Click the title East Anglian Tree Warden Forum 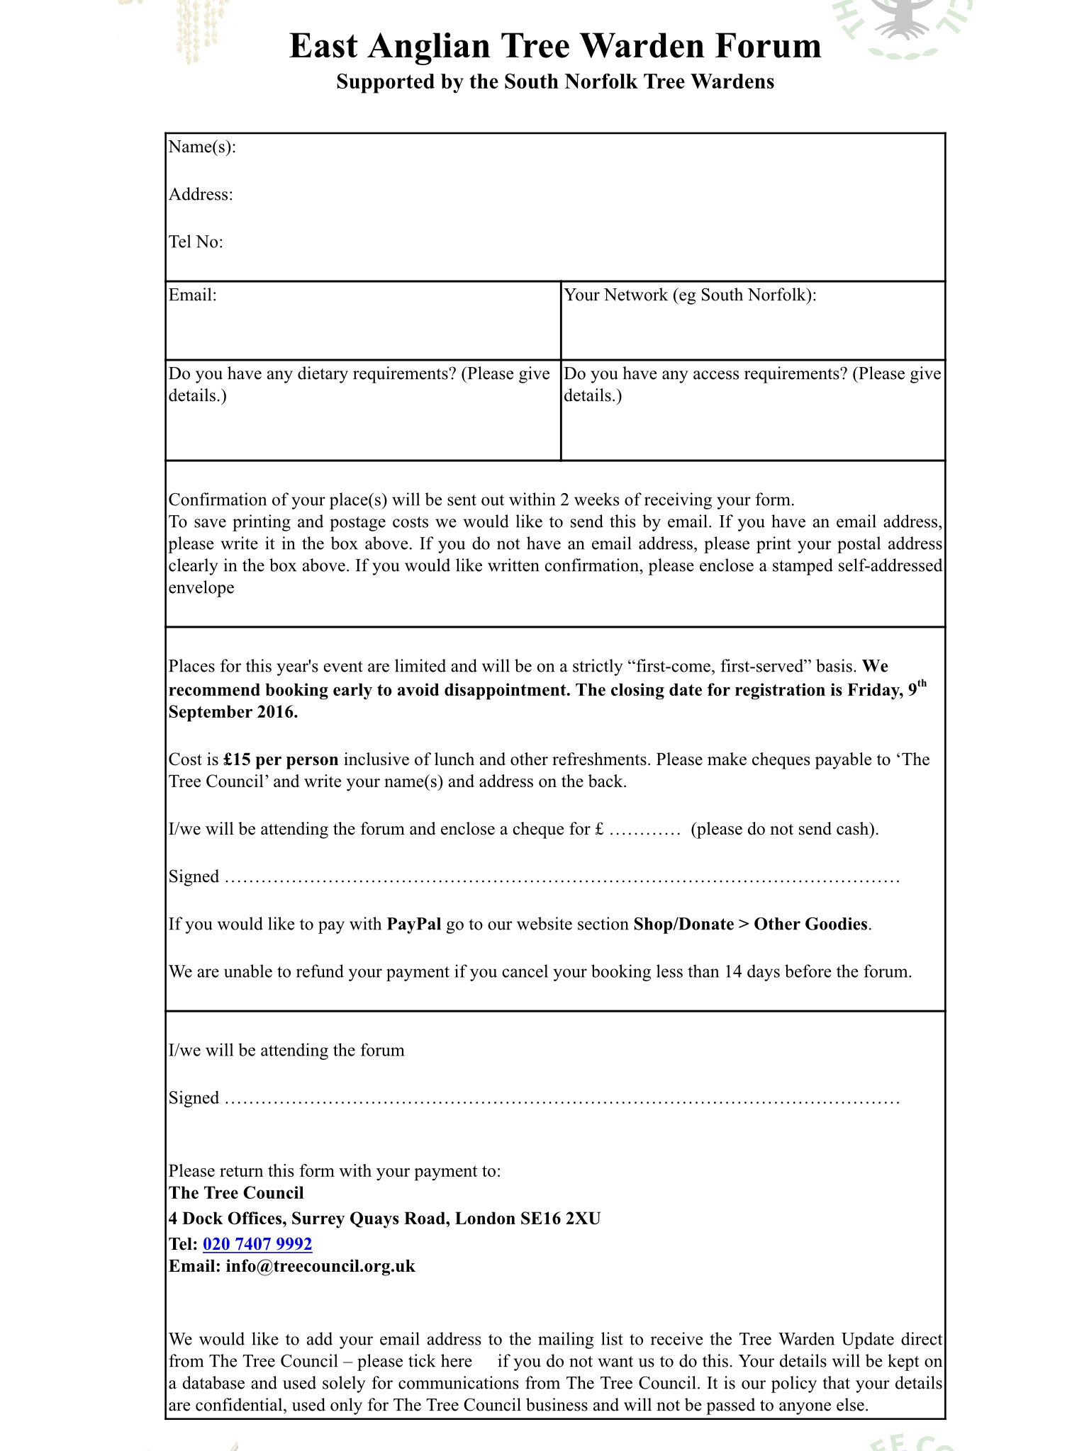pyautogui.click(x=555, y=47)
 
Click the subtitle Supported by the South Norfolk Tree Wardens pyautogui.click(x=555, y=82)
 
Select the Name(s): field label pyautogui.click(x=202, y=147)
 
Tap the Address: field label pyautogui.click(x=201, y=195)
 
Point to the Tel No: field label pyautogui.click(x=196, y=242)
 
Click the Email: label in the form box pyautogui.click(x=192, y=295)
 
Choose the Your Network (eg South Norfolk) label pyautogui.click(x=690, y=295)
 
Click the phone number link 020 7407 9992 pyautogui.click(x=257, y=1244)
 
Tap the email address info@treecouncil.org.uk pyautogui.click(x=320, y=1266)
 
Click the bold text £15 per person pyautogui.click(x=281, y=760)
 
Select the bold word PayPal pyautogui.click(x=414, y=925)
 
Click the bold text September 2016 pyautogui.click(x=233, y=712)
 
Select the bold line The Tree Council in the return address pyautogui.click(x=236, y=1193)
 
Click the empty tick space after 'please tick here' pyautogui.click(x=484, y=1362)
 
